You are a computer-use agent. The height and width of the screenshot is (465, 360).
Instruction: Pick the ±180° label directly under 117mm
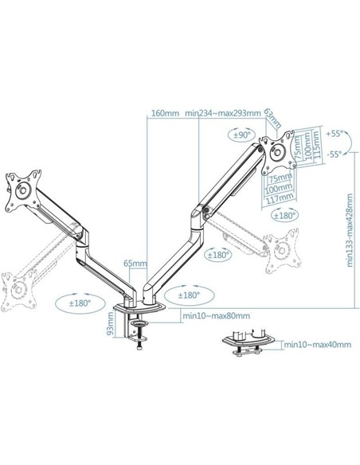(284, 215)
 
